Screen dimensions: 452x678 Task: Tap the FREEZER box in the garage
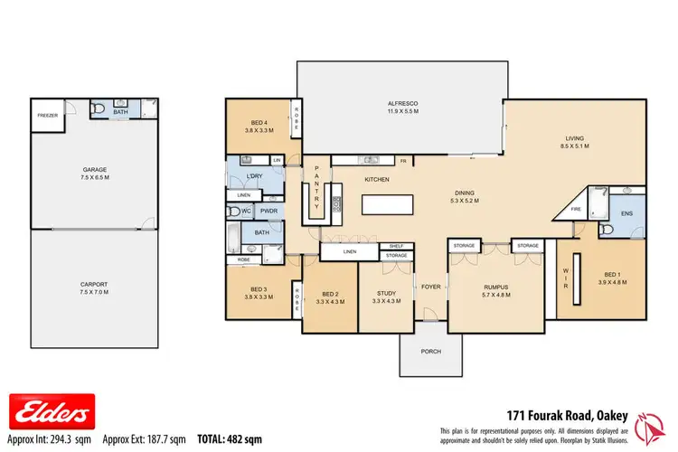[47, 116]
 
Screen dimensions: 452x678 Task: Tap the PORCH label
[431, 353]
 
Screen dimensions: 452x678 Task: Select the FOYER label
[431, 287]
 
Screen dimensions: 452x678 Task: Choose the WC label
[245, 211]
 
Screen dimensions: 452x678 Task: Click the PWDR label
[268, 211]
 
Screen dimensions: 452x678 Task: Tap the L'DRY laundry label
[255, 175]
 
